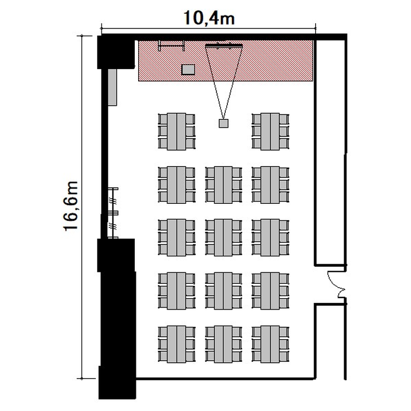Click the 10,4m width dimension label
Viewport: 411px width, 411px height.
pos(209,18)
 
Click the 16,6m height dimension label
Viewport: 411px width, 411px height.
pos(71,206)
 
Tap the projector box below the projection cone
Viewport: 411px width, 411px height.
pos(224,123)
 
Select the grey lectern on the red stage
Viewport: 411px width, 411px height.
pos(188,70)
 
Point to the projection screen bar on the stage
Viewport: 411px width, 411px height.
pos(224,46)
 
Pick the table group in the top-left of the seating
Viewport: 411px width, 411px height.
pos(176,132)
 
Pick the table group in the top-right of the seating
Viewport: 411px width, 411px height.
pos(270,132)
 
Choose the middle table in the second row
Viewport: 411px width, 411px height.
pos(224,185)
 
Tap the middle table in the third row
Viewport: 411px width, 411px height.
pos(224,237)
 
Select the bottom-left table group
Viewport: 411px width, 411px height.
pos(176,344)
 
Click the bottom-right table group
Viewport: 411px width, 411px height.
pos(270,344)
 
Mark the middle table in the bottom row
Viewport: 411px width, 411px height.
pos(224,344)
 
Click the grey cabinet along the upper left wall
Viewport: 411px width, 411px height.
pos(112,87)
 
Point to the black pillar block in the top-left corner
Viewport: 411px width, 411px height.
pos(116,52)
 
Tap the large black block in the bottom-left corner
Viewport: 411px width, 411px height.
pos(117,318)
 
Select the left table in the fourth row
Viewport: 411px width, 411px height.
pos(176,290)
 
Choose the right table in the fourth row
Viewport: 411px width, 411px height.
pos(270,290)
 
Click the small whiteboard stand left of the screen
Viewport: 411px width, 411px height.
pos(172,46)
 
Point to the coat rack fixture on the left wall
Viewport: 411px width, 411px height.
pos(113,213)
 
